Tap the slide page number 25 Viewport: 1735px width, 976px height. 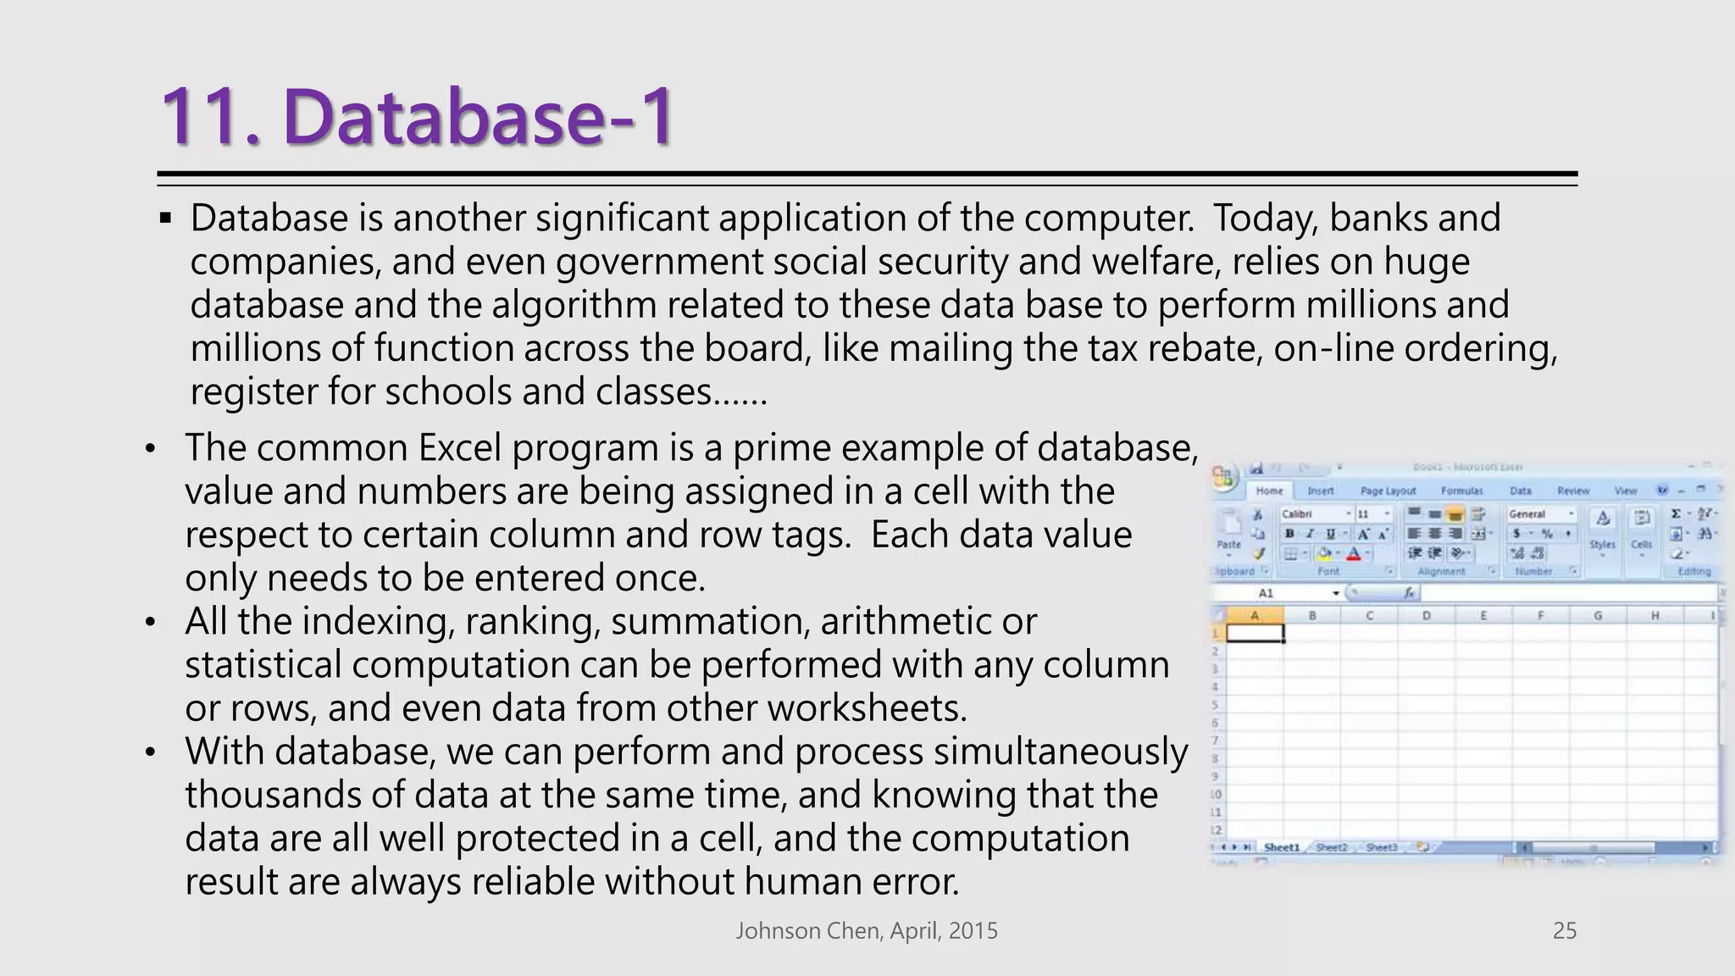1564,931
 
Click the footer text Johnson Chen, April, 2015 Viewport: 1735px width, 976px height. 867,931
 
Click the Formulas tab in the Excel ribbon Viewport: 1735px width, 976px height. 1461,491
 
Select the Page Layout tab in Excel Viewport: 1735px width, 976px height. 1388,491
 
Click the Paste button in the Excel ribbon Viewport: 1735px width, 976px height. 1228,534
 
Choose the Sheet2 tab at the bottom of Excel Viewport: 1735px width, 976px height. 1331,847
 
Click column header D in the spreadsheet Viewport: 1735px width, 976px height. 1427,616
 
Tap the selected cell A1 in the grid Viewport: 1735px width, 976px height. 1255,633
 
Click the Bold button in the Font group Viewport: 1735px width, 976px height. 1289,534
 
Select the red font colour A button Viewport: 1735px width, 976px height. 1354,554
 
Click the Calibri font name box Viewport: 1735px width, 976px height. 1311,514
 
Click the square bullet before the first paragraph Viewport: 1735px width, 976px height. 165,219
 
